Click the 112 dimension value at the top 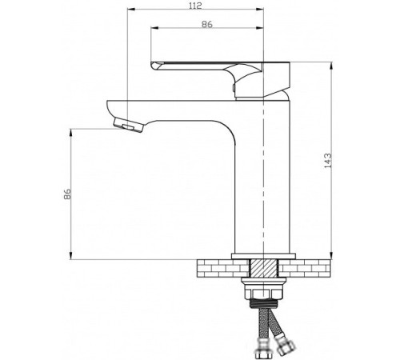click(x=194, y=5)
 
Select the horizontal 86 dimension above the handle click(x=207, y=26)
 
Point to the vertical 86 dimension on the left click(x=67, y=194)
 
